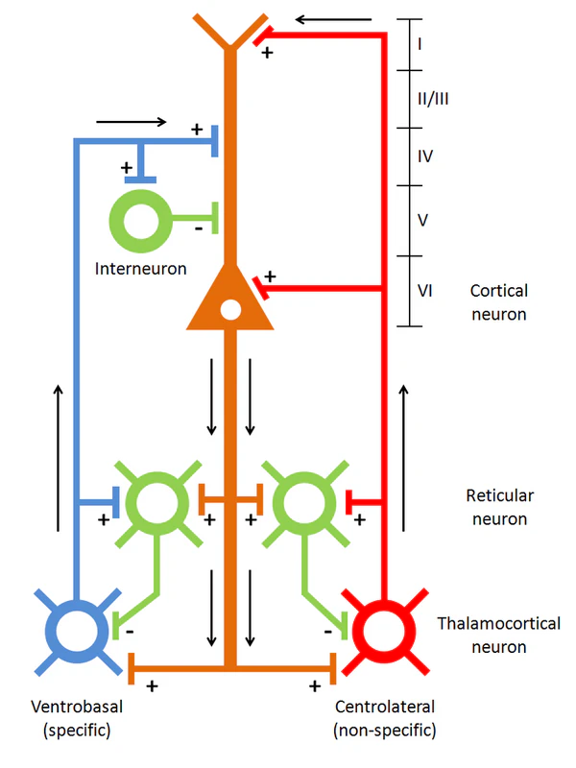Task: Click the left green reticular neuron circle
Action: click(x=155, y=499)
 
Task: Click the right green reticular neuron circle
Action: click(x=302, y=499)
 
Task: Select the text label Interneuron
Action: click(x=141, y=268)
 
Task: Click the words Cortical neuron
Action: click(x=499, y=301)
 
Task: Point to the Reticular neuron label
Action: click(x=499, y=507)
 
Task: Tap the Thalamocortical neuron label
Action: click(x=499, y=635)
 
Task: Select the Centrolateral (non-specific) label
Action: click(x=385, y=718)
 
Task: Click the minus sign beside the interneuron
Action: click(x=198, y=229)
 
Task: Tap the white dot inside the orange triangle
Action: click(x=229, y=310)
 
